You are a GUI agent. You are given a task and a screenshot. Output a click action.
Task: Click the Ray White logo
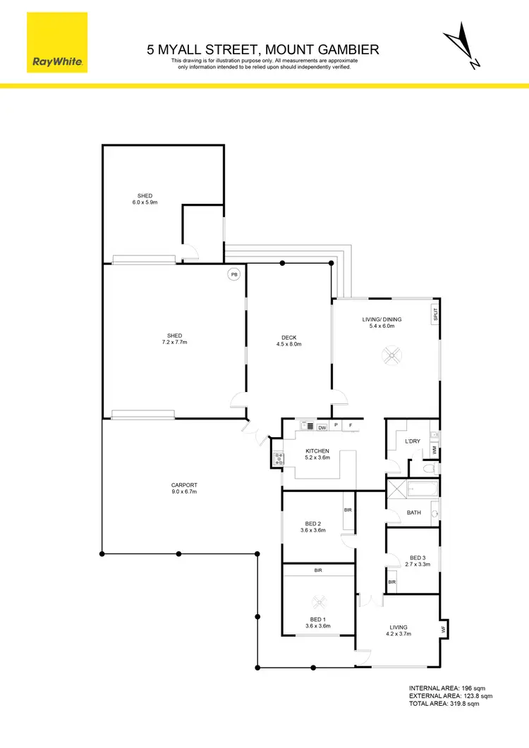(x=58, y=43)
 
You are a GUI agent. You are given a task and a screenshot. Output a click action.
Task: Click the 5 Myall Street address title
(x=263, y=49)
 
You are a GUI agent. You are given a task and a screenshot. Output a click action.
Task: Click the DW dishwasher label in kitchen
(x=322, y=427)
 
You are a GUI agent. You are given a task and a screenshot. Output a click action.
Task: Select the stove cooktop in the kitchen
(x=278, y=459)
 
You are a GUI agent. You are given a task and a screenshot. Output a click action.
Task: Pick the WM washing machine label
(x=434, y=450)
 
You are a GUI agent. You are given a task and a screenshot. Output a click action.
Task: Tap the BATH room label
(x=414, y=513)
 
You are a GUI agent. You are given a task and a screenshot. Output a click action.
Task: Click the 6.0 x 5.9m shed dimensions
(x=145, y=202)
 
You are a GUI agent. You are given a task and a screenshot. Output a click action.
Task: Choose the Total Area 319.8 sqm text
(x=444, y=704)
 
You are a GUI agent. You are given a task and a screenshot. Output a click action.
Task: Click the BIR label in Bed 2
(x=348, y=509)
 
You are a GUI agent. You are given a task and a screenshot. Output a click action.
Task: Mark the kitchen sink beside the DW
(x=308, y=426)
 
